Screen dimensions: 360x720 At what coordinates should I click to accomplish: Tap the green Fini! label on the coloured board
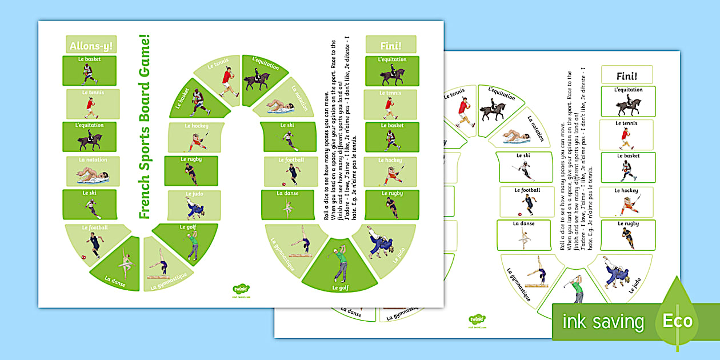click(x=390, y=44)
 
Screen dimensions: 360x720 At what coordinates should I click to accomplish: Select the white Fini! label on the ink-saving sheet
click(x=627, y=74)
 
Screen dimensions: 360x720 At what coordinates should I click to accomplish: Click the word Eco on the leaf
click(x=677, y=321)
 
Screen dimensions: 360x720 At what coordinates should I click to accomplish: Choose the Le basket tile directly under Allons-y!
click(x=89, y=70)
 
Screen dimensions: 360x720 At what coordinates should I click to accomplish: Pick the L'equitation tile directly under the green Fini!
click(x=391, y=70)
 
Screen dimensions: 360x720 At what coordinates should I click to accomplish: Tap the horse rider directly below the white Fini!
click(x=627, y=106)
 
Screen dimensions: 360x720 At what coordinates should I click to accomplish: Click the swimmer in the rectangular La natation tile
click(x=90, y=174)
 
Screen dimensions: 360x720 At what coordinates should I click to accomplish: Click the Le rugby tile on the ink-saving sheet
click(x=627, y=235)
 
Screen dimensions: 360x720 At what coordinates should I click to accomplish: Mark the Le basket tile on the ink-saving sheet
click(x=627, y=167)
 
